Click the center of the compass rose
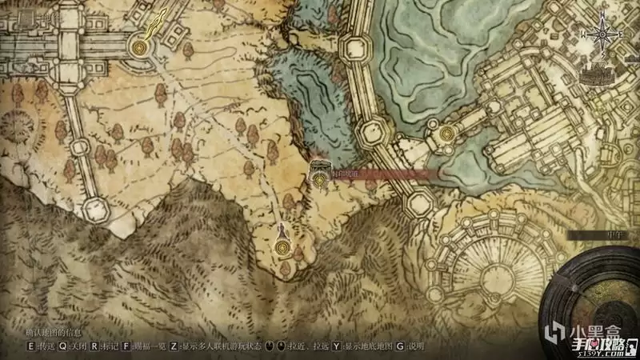click(x=606, y=34)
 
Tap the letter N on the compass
click(x=606, y=10)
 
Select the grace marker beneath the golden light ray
click(x=142, y=49)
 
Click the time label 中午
click(x=596, y=234)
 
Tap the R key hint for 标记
click(x=94, y=346)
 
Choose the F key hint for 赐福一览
click(x=126, y=346)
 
